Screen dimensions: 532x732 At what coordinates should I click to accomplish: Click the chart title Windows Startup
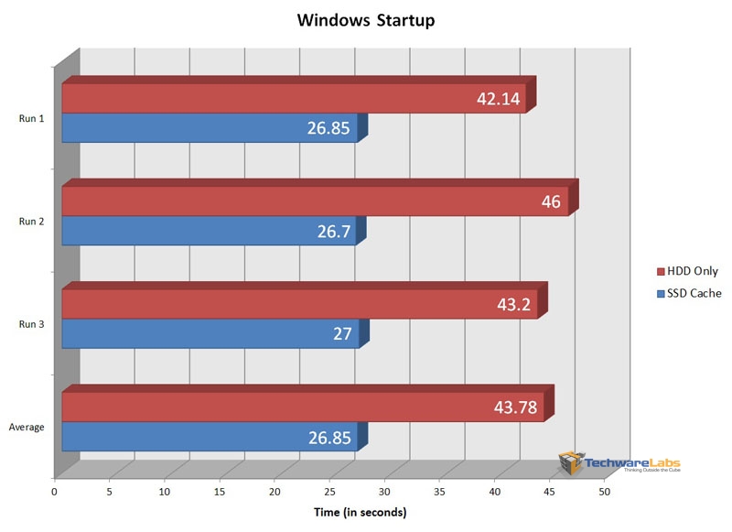point(365,20)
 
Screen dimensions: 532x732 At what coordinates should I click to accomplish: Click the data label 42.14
point(499,99)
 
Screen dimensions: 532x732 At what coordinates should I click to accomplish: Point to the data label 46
point(551,201)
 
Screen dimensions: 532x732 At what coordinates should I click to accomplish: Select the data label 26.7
point(333,232)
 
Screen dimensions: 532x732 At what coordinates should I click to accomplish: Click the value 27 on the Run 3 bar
point(342,334)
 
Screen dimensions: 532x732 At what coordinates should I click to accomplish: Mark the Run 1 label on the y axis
point(30,117)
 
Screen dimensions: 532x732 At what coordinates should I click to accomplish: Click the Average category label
point(27,427)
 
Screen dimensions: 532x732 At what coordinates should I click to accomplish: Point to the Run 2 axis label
point(30,221)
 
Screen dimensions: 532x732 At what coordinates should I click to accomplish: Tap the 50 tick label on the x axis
point(605,493)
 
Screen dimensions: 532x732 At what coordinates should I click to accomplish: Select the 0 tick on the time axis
point(55,493)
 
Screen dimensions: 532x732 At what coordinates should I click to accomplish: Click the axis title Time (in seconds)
point(360,512)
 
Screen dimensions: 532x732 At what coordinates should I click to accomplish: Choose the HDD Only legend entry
point(687,272)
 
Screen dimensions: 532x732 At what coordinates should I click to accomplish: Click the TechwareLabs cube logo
point(572,463)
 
